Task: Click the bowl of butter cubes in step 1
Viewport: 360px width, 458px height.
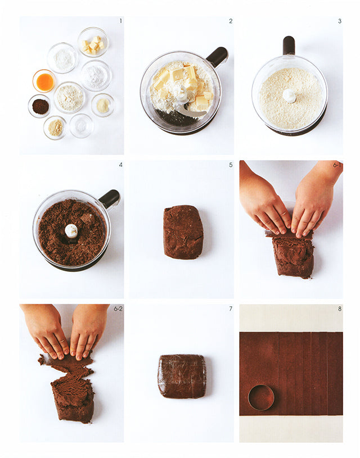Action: (x=93, y=42)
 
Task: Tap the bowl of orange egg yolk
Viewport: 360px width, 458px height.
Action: (x=44, y=81)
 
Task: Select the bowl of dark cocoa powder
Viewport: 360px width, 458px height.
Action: (x=39, y=106)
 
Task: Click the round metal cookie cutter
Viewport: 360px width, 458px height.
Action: (x=261, y=397)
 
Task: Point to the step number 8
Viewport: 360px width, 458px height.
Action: (x=340, y=309)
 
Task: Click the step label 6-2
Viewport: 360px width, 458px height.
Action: (x=118, y=309)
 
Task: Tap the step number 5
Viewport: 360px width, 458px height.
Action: (x=231, y=165)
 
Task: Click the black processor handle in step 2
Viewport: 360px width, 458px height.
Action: (x=217, y=57)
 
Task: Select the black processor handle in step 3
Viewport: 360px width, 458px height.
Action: (x=289, y=46)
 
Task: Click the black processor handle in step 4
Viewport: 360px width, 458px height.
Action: (x=109, y=198)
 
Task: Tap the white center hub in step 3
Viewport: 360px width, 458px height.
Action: (x=289, y=96)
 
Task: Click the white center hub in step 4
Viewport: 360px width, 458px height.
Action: (x=71, y=231)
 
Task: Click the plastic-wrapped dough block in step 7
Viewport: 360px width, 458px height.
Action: (x=182, y=376)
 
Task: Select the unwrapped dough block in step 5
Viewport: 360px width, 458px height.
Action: (x=183, y=232)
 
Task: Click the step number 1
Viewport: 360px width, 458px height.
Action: (x=120, y=21)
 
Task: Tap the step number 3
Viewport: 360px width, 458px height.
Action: (x=340, y=21)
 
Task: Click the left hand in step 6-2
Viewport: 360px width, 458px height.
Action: (x=47, y=329)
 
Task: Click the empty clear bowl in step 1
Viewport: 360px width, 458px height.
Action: (x=82, y=126)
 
